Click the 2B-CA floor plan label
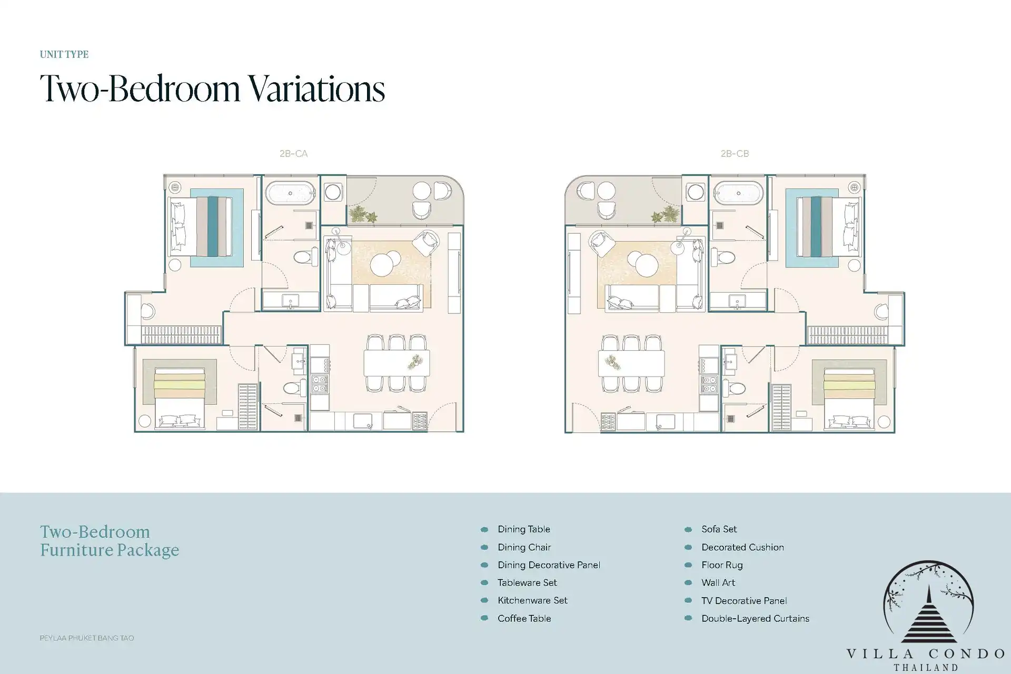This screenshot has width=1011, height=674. (293, 154)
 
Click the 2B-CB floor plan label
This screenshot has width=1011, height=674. (735, 154)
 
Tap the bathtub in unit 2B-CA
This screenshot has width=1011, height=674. (290, 193)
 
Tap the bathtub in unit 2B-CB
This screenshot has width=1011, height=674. (738, 193)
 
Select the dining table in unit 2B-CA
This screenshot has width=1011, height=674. (397, 363)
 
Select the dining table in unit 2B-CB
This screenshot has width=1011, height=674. (631, 363)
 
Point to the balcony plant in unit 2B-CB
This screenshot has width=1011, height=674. (665, 215)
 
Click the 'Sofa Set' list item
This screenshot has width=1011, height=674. (719, 529)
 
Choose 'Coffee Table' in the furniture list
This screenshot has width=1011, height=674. (524, 618)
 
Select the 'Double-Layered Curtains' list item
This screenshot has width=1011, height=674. (755, 618)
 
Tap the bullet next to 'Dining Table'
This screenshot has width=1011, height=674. (484, 529)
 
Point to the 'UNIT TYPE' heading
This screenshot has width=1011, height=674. (64, 54)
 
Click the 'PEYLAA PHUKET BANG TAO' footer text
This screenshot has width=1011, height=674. (87, 638)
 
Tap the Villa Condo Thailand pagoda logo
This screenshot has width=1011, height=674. (928, 603)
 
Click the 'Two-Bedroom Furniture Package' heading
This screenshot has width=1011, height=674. (110, 541)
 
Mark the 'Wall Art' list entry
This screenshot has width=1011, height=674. (718, 582)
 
